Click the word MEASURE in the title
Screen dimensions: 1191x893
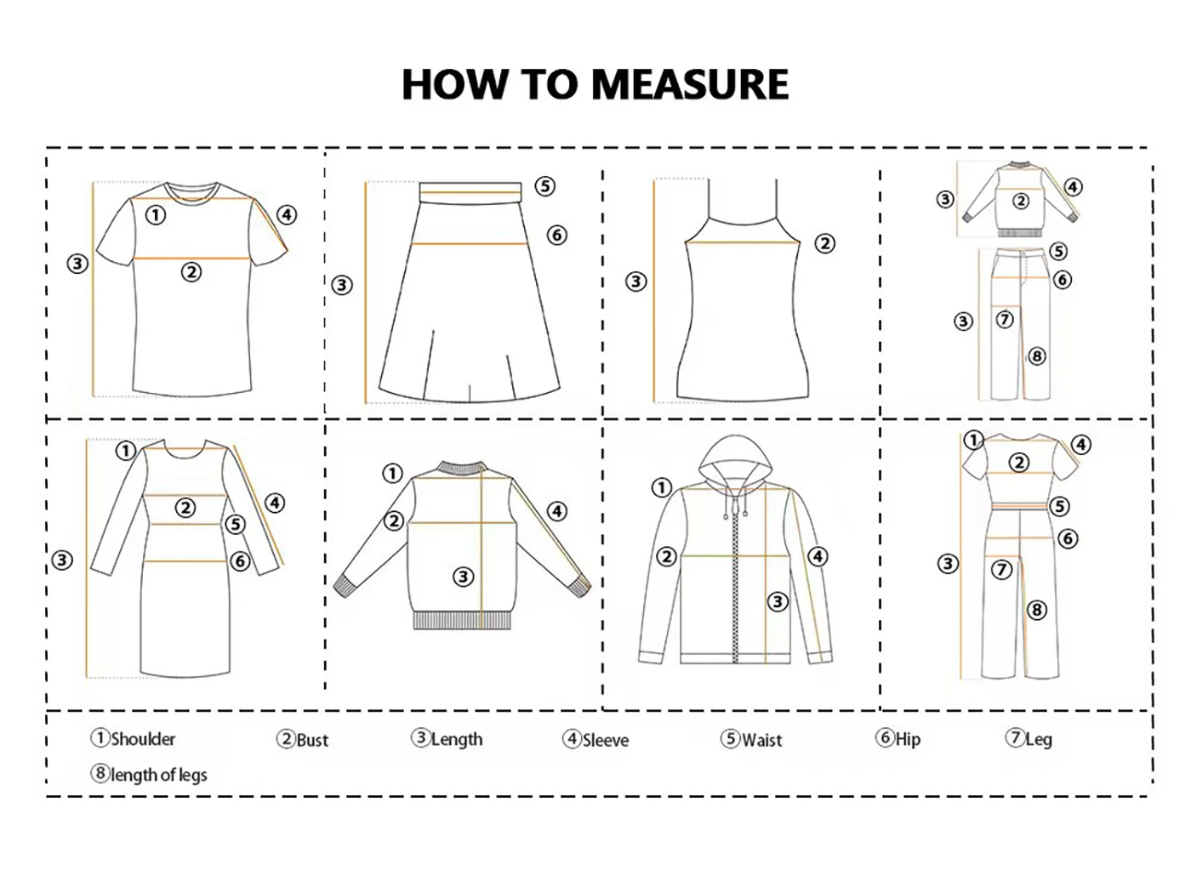(x=690, y=84)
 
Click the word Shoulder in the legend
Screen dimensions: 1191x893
(x=143, y=739)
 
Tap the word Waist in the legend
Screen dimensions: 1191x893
(x=761, y=740)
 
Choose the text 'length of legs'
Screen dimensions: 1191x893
(x=158, y=775)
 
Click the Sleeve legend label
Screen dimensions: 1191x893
(x=606, y=740)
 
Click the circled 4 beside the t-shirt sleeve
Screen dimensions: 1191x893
(x=287, y=214)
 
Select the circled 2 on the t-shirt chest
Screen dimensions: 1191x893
(x=191, y=271)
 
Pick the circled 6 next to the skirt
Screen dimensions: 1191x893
(x=556, y=235)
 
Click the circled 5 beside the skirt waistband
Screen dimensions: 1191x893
(x=544, y=186)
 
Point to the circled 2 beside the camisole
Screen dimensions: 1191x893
(x=824, y=243)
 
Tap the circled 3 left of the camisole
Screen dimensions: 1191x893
(x=636, y=282)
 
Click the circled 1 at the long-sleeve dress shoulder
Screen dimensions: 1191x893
(x=125, y=450)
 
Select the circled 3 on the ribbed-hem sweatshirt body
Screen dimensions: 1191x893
(x=463, y=577)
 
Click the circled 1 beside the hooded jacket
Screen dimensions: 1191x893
(x=661, y=486)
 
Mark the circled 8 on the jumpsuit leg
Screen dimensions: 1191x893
(x=1036, y=610)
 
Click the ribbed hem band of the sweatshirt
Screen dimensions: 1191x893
(x=462, y=620)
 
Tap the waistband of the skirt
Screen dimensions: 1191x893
(x=470, y=192)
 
